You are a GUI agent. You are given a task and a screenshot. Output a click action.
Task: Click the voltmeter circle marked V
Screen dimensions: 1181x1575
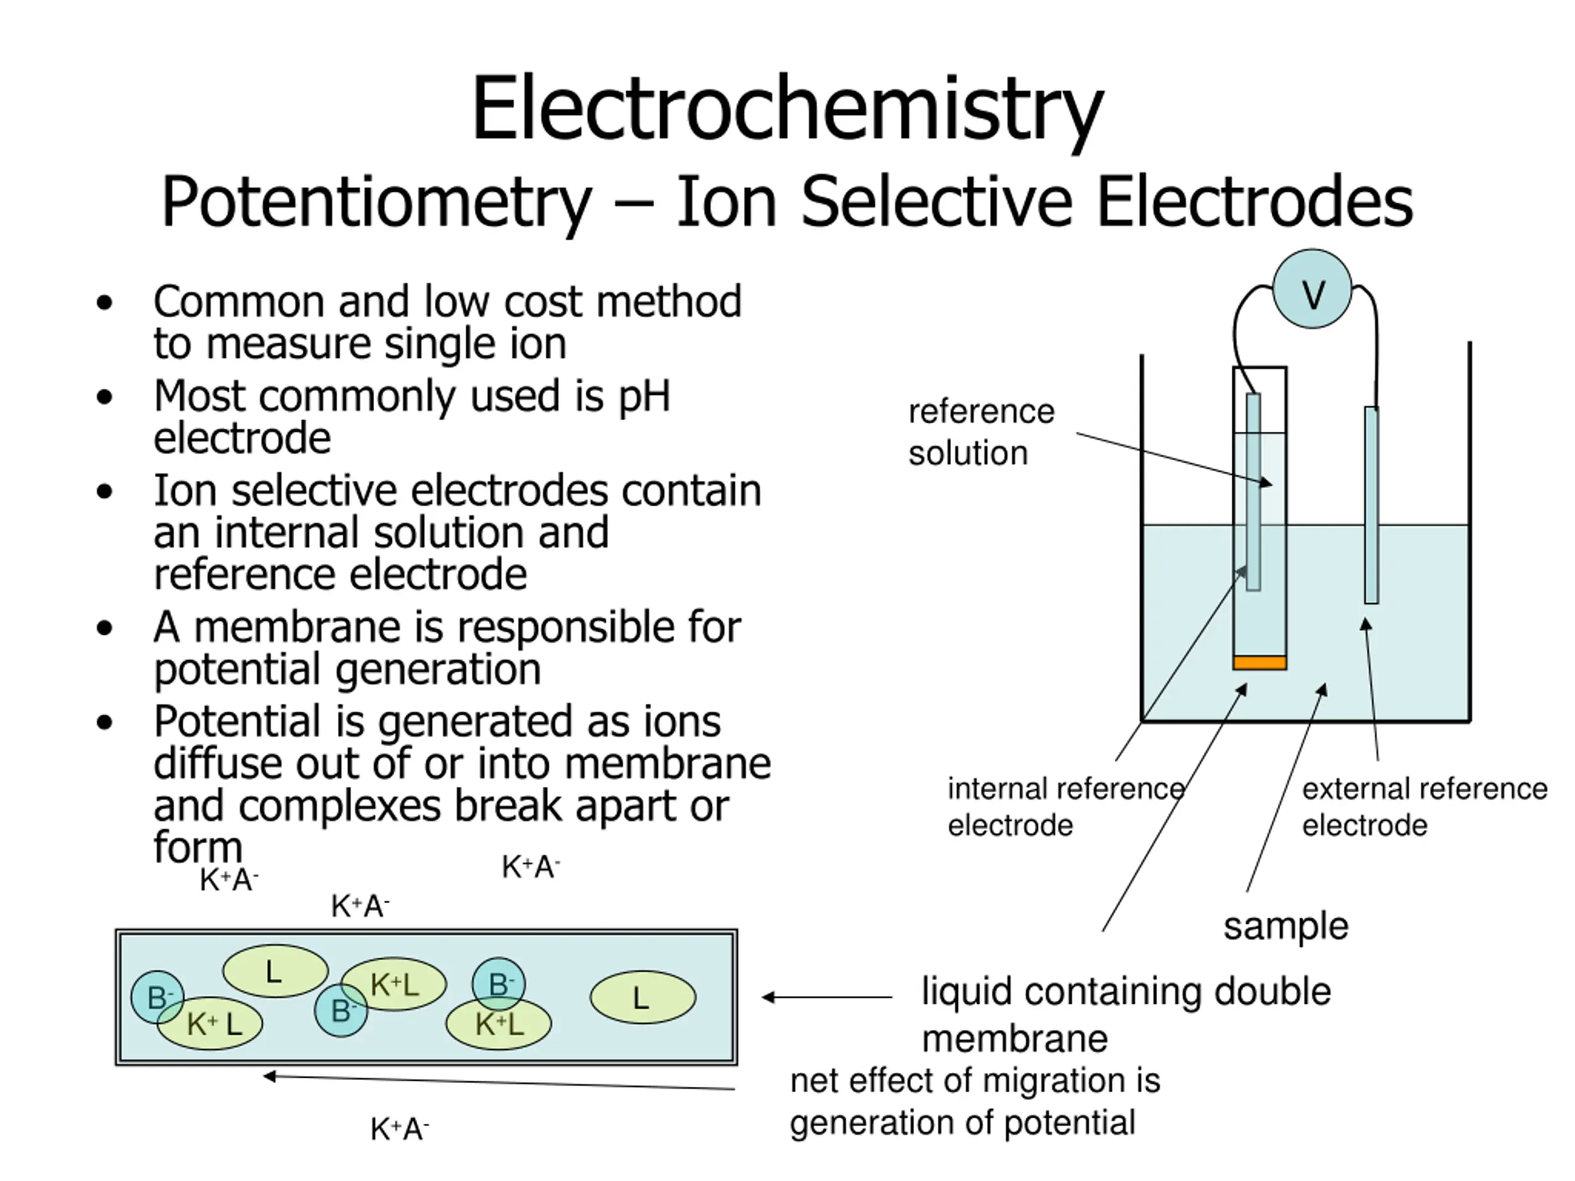(1312, 289)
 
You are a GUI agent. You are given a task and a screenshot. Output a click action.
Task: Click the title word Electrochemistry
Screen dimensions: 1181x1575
(787, 109)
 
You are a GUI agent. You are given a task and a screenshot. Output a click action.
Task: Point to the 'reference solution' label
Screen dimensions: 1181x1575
(981, 432)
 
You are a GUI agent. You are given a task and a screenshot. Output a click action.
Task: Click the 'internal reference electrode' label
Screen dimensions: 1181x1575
(1065, 806)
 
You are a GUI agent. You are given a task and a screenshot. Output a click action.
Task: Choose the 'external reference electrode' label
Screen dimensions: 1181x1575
(1424, 806)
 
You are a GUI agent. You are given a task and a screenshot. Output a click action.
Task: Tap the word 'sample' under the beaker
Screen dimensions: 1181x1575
(1285, 926)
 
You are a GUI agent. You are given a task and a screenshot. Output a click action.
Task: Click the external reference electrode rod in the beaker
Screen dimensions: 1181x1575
(1371, 505)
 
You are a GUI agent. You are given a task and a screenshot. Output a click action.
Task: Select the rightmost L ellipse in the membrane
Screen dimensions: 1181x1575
(642, 998)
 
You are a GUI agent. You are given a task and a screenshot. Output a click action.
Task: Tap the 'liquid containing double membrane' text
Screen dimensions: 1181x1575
(1125, 1014)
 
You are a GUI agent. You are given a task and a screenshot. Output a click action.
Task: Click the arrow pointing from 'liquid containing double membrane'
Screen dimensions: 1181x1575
(826, 997)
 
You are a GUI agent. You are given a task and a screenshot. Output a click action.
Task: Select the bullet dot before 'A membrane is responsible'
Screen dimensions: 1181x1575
(105, 628)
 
